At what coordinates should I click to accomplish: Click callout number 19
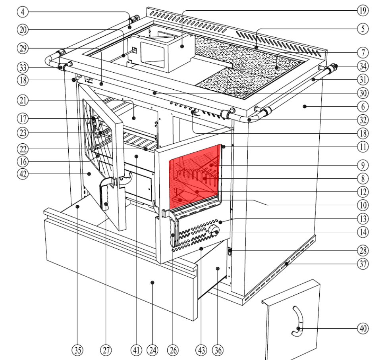pos(362,11)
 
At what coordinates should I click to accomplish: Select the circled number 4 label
pos(23,12)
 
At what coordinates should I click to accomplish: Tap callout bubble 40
pos(362,329)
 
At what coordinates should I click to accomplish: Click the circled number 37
pos(362,263)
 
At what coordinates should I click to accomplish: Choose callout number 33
pos(23,67)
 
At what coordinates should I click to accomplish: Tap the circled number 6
pos(362,106)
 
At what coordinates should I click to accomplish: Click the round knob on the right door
pos(214,231)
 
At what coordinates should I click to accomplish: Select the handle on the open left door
pos(106,194)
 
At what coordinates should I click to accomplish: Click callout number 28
pos(362,251)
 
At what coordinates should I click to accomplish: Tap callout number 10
pos(362,205)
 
